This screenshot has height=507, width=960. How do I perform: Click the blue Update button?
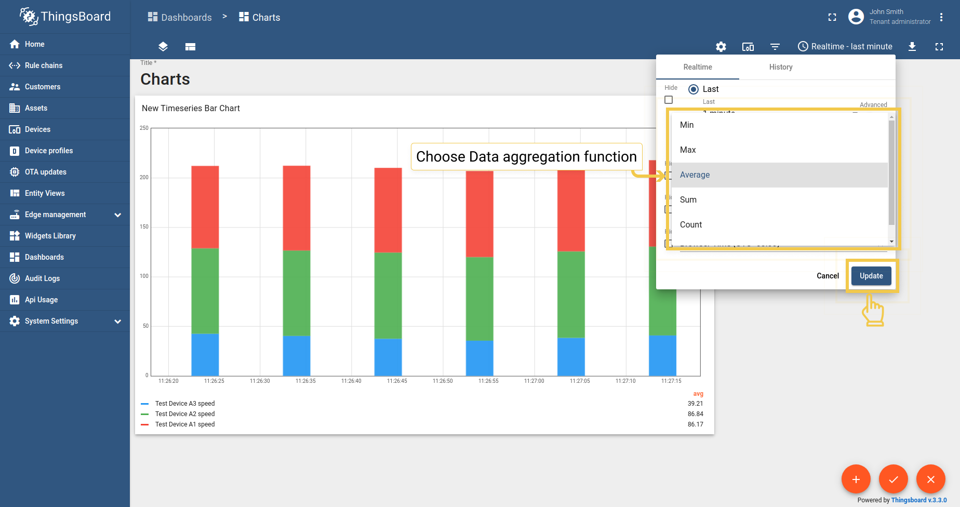(x=871, y=276)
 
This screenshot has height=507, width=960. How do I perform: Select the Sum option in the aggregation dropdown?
(x=688, y=200)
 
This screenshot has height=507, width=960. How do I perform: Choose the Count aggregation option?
(x=691, y=225)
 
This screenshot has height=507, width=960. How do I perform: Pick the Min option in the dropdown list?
(x=687, y=125)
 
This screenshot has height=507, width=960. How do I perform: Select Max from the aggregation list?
(x=688, y=150)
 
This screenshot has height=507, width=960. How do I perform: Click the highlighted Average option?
(x=695, y=175)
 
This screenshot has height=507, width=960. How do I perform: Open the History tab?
(x=781, y=67)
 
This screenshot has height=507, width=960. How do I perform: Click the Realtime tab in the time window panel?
(x=698, y=67)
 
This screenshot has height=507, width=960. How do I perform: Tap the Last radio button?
(x=694, y=89)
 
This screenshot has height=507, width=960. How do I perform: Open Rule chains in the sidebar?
(x=44, y=65)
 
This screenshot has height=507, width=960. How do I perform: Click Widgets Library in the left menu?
(x=50, y=236)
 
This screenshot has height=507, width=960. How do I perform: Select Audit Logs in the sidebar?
(x=42, y=278)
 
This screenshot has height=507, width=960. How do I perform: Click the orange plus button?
(x=856, y=479)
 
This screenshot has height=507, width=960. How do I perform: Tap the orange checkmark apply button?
(x=894, y=479)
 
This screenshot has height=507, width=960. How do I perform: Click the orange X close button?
(x=931, y=479)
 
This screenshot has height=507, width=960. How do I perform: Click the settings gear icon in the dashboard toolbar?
(x=721, y=47)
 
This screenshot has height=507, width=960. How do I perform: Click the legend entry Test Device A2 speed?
(x=185, y=414)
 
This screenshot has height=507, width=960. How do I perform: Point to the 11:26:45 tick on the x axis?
(x=397, y=381)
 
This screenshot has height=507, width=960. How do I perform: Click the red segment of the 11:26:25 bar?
(x=205, y=207)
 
